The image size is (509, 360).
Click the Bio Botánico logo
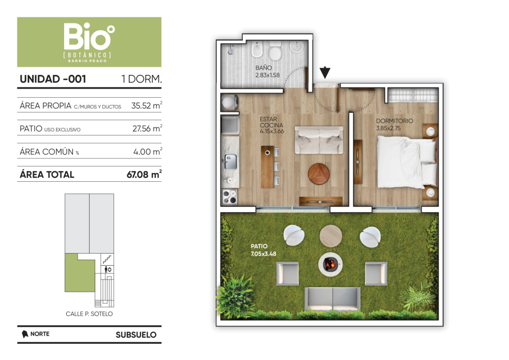click(89, 42)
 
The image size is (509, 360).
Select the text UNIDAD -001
click(53, 79)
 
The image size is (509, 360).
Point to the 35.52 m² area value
click(147, 105)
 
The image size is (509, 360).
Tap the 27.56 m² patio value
click(147, 128)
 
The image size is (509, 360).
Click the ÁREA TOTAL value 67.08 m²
click(144, 174)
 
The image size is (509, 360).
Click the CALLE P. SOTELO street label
click(89, 314)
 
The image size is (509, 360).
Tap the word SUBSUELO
click(136, 335)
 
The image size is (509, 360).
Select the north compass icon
click(24, 334)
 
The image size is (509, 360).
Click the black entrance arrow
click(325, 73)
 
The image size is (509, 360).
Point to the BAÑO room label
click(264, 68)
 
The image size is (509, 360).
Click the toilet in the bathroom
click(275, 51)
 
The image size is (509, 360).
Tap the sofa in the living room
click(319, 140)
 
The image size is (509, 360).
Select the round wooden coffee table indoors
click(319, 174)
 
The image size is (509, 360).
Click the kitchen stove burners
click(230, 197)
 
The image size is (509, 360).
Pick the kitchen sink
click(230, 161)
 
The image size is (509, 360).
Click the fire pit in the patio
click(330, 264)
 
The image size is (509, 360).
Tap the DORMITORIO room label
click(394, 121)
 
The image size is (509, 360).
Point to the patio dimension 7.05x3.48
click(264, 254)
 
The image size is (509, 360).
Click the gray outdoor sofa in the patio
click(332, 299)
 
